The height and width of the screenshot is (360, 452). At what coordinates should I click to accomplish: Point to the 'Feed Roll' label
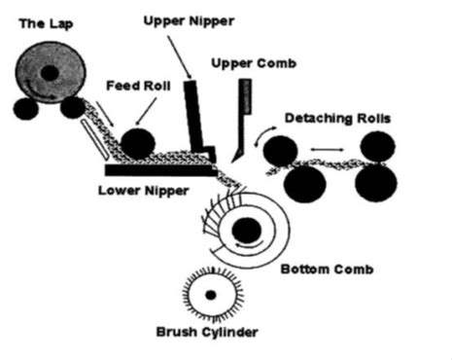[x=138, y=87]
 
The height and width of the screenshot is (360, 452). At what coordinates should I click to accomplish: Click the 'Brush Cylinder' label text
[x=207, y=333]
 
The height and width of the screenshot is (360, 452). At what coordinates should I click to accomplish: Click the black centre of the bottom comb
[x=247, y=232]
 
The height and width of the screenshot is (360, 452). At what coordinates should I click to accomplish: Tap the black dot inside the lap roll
[x=50, y=72]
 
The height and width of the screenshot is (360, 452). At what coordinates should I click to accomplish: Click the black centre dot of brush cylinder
[x=209, y=294]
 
